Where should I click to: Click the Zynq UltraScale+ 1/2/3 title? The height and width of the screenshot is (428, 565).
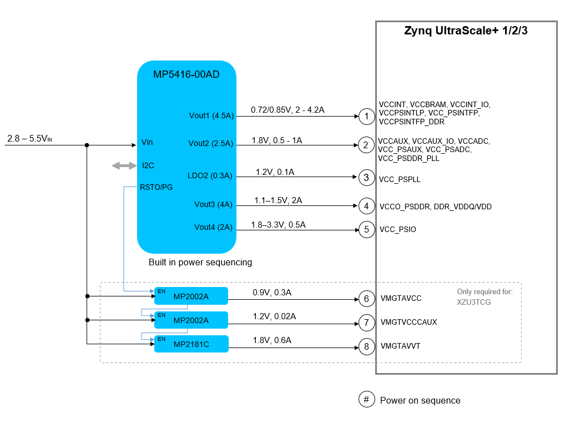click(x=466, y=31)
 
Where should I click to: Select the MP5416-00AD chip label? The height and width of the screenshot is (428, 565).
click(x=186, y=74)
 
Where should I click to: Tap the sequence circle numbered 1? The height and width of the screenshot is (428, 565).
click(x=366, y=117)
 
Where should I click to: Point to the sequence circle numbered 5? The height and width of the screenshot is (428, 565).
click(x=366, y=229)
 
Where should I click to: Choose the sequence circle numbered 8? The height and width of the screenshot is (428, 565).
click(x=366, y=346)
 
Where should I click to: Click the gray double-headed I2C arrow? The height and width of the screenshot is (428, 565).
click(x=124, y=166)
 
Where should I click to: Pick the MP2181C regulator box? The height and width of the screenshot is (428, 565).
click(x=191, y=344)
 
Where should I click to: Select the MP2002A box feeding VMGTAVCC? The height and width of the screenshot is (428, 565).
click(x=191, y=296)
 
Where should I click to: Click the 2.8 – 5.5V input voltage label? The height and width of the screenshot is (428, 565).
click(x=29, y=139)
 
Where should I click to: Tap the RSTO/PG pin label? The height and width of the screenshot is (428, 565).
click(x=156, y=187)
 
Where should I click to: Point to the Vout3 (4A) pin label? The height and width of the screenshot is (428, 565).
click(x=213, y=204)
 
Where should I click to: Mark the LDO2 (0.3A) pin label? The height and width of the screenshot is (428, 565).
click(x=210, y=175)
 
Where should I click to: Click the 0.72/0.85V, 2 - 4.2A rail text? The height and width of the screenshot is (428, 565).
click(x=287, y=110)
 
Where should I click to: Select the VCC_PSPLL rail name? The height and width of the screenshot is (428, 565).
click(x=400, y=179)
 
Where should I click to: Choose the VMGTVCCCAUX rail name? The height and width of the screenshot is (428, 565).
click(x=408, y=322)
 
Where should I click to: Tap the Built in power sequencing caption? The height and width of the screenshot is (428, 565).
click(x=200, y=262)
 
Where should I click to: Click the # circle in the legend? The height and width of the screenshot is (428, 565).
click(x=366, y=399)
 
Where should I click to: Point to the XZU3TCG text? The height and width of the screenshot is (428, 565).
click(x=474, y=303)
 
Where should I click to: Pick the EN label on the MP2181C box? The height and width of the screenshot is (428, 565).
click(x=162, y=339)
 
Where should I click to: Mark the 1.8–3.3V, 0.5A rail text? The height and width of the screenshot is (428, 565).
click(x=278, y=225)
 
